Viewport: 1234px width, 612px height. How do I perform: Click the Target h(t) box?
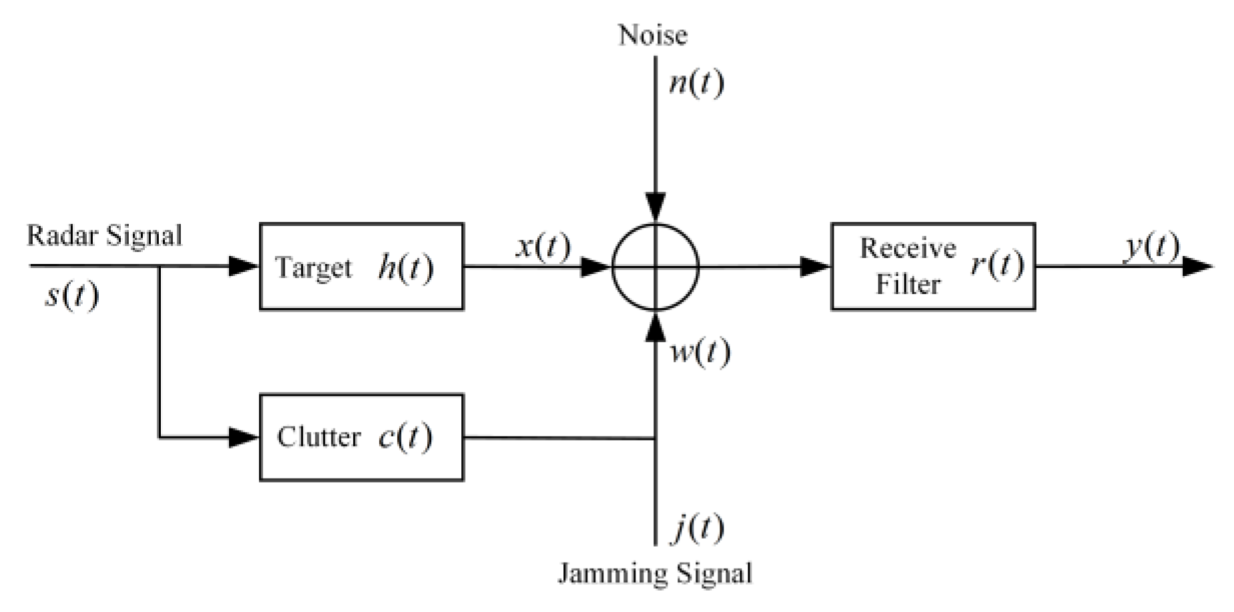[361, 267]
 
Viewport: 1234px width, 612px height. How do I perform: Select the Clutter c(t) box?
[361, 437]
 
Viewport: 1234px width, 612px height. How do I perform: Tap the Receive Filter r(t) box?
[932, 267]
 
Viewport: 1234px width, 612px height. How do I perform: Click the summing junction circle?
[655, 267]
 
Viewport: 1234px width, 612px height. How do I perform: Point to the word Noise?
[652, 35]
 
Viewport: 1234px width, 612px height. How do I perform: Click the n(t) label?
[695, 83]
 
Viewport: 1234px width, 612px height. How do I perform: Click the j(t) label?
[697, 529]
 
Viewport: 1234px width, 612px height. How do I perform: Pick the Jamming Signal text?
[654, 573]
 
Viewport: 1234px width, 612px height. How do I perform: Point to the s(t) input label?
[71, 294]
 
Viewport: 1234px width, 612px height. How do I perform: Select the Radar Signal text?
[104, 235]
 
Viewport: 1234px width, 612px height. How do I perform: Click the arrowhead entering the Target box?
[244, 267]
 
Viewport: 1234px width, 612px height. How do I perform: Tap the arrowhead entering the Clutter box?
[244, 437]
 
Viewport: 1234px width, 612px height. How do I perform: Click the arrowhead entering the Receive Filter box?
[815, 267]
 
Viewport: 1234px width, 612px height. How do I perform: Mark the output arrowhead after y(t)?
[1197, 267]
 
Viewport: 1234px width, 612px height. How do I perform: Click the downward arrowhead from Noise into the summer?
[656, 207]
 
